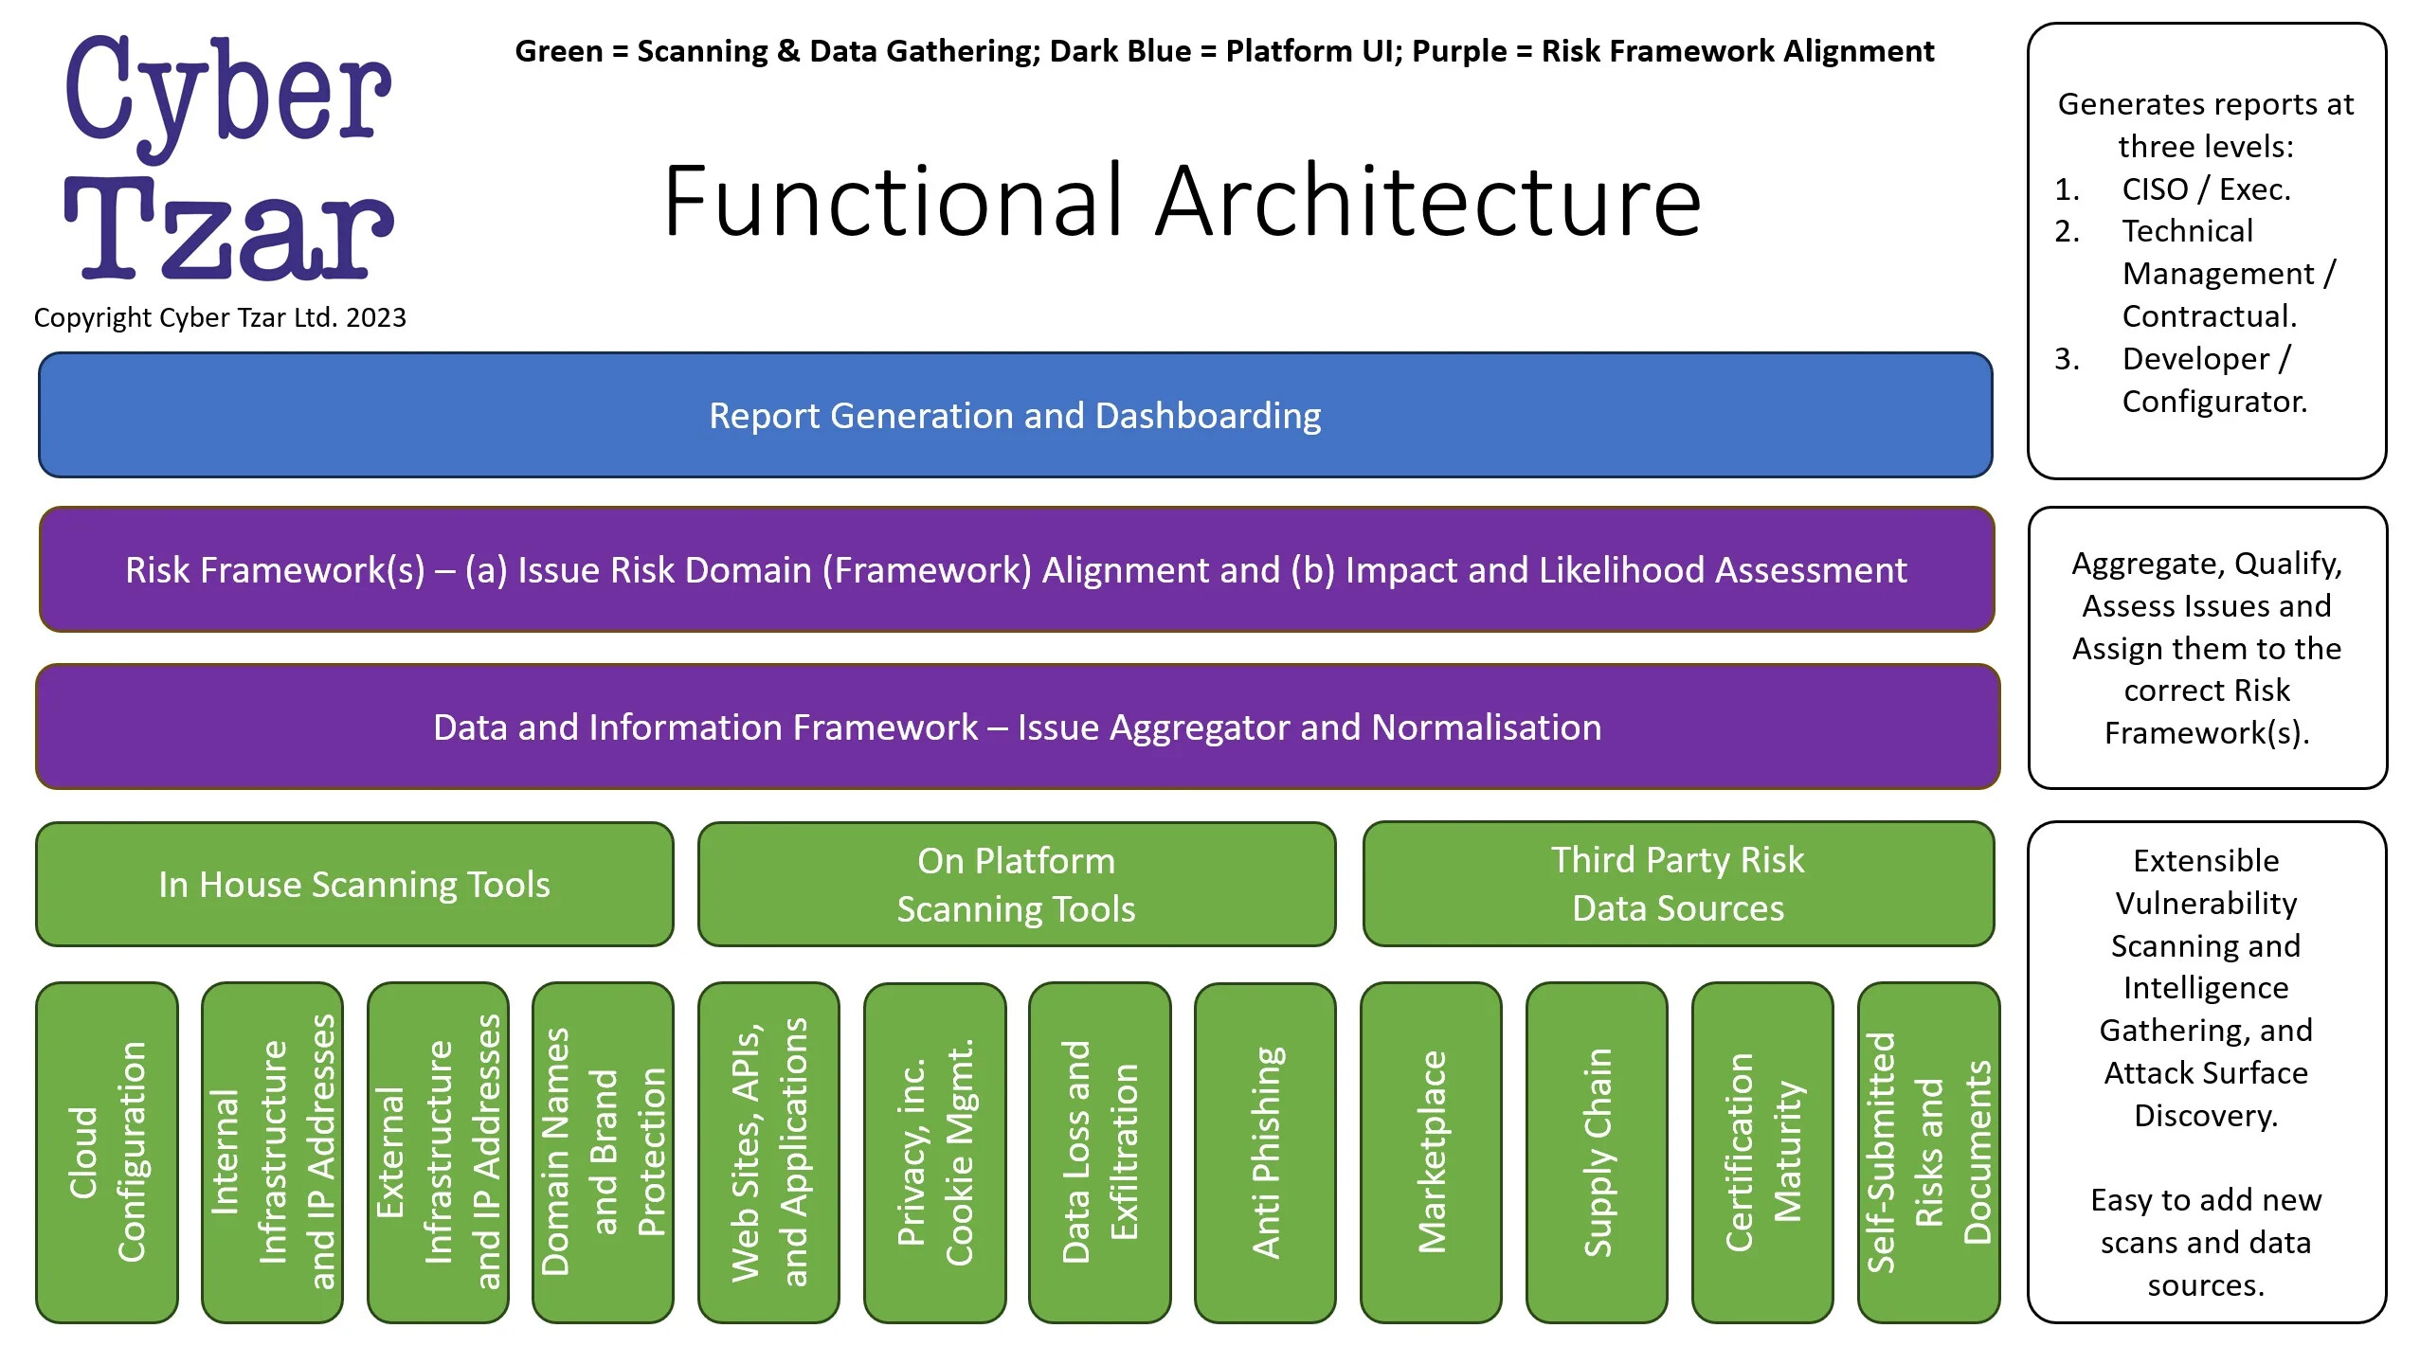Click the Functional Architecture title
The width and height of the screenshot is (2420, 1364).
1182,202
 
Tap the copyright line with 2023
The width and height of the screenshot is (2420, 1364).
220,317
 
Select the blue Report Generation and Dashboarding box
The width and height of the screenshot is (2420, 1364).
1015,416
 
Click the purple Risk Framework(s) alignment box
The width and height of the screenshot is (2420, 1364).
1016,570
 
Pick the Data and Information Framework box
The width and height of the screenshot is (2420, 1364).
1017,727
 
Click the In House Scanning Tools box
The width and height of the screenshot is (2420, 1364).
353,885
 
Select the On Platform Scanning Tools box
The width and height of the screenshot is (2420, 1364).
1016,885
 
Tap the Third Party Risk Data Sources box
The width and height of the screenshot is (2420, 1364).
1677,885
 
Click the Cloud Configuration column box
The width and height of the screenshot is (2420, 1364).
107,1153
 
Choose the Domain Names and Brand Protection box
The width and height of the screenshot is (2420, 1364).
603,1153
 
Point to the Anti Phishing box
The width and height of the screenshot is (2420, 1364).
1265,1153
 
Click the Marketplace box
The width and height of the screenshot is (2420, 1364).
1431,1153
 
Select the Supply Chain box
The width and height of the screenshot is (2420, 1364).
1597,1153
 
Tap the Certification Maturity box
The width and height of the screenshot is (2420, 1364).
1762,1153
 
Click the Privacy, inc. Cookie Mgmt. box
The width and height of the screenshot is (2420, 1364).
934,1153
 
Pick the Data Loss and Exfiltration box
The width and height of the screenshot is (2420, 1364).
1099,1153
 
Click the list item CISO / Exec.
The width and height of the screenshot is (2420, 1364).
2205,189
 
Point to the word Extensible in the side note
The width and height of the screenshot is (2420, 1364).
2205,861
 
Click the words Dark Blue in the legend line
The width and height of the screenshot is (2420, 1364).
1120,51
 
